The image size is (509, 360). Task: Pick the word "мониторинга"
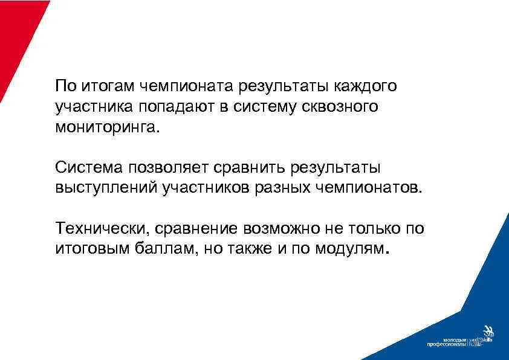(x=108, y=128)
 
